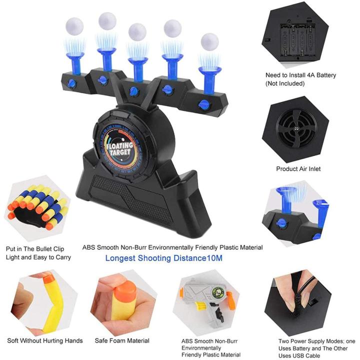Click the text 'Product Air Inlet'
(298, 169)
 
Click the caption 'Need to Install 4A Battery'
(300, 75)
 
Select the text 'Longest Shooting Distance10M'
(163, 258)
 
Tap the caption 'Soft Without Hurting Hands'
(45, 341)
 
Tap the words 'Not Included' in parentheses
(285, 83)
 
